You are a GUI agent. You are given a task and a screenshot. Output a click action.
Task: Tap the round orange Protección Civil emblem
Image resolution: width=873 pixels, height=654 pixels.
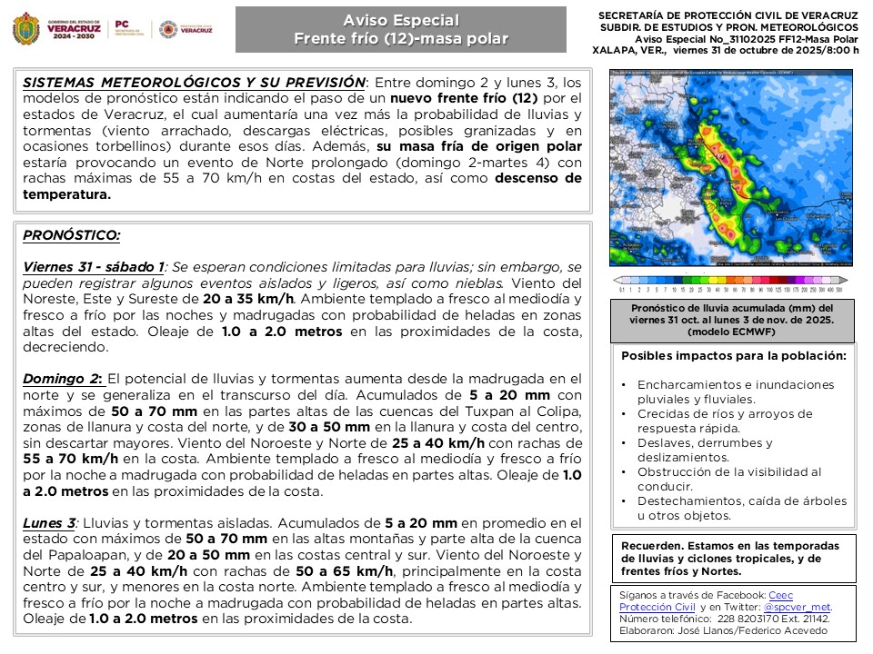[167, 30]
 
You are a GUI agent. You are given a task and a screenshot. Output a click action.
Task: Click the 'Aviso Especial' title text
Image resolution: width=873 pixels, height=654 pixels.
[401, 21]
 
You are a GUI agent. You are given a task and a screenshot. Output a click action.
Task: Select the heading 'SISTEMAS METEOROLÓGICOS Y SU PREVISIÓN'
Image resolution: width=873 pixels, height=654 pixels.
[194, 82]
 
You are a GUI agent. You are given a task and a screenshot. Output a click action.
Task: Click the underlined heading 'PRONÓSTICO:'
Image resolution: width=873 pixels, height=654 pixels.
[71, 235]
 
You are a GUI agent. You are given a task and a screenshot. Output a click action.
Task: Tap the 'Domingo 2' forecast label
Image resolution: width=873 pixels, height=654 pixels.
[61, 378]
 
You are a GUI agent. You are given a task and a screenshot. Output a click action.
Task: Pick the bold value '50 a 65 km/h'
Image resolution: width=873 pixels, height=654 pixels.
[344, 570]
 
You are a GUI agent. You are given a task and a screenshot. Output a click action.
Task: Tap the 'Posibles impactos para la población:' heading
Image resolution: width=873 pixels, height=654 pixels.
[733, 355]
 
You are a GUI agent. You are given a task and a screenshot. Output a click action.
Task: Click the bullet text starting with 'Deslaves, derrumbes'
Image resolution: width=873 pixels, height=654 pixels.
[705, 442]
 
